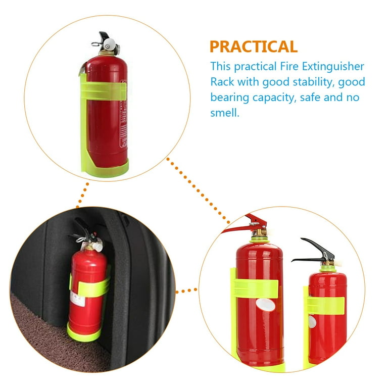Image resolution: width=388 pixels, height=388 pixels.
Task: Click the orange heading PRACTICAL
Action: pos(253,46)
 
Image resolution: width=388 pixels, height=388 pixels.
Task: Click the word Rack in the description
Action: pos(222,82)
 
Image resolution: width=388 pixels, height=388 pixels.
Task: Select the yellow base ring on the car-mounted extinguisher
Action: pos(83,333)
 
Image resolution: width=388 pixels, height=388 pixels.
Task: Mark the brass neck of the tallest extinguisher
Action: pos(260,234)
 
